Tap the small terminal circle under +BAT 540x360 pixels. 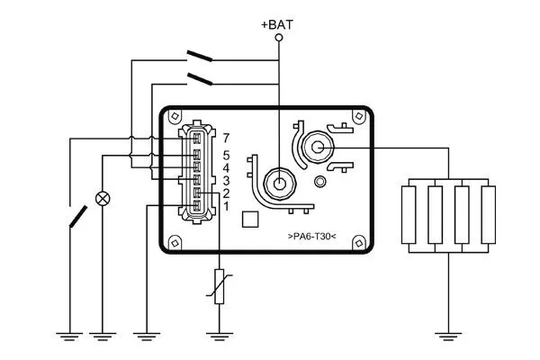[278, 40]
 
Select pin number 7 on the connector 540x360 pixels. [227, 138]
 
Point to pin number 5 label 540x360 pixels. [227, 155]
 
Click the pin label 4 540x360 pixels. [227, 168]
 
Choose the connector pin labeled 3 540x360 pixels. [227, 182]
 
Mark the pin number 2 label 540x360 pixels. [227, 194]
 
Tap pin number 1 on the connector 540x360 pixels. [227, 208]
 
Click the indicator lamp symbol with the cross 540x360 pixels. [104, 198]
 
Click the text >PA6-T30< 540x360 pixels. [311, 237]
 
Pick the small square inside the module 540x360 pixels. [252, 219]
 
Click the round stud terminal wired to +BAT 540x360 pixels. [279, 183]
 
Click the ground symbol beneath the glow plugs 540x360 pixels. [447, 337]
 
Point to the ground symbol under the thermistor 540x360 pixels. [219, 337]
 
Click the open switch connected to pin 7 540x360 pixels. [77, 216]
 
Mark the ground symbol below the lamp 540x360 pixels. [104, 337]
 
